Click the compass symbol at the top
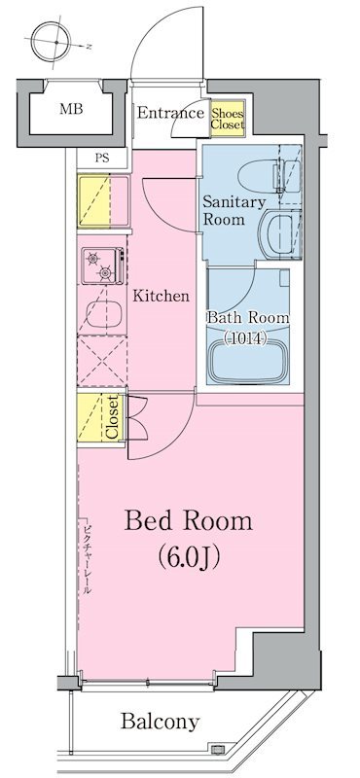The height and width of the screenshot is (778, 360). [x=53, y=42]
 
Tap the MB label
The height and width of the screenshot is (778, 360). [x=71, y=108]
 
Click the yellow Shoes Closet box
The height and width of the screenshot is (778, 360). [x=228, y=118]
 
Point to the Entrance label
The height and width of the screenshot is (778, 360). [x=170, y=113]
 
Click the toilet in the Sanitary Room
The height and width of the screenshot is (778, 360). [x=270, y=176]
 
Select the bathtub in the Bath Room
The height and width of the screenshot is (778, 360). [x=248, y=361]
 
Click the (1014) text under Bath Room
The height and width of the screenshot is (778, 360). [x=246, y=338]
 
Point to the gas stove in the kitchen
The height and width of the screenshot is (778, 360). [x=102, y=265]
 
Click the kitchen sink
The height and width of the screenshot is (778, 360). [x=104, y=313]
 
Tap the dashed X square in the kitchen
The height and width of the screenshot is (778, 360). [x=102, y=361]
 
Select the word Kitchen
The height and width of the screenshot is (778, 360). [x=161, y=297]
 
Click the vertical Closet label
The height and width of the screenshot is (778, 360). [x=112, y=417]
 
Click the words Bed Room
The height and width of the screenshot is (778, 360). [x=188, y=521]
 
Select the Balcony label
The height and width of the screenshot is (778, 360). [x=160, y=722]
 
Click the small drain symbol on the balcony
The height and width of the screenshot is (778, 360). [x=216, y=748]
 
